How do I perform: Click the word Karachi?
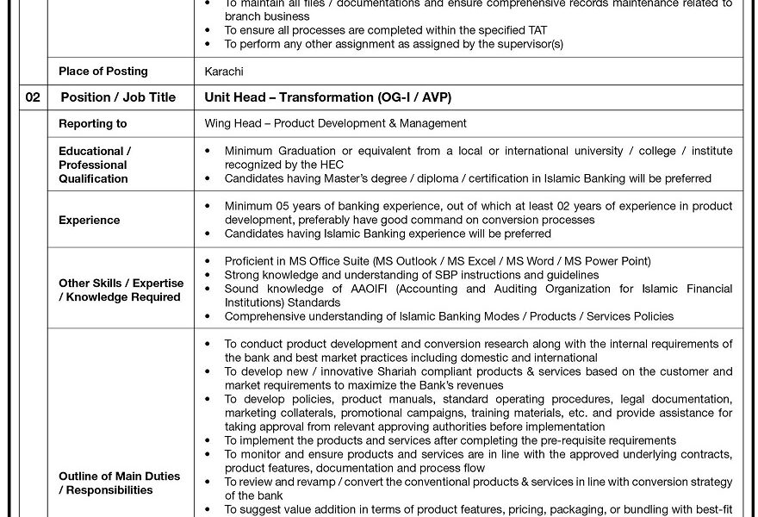[x=224, y=72]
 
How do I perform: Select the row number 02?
[x=33, y=97]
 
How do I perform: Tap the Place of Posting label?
[x=103, y=72]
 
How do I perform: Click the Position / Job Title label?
[x=118, y=97]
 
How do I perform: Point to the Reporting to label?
[x=92, y=124]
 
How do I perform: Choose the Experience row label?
[x=89, y=220]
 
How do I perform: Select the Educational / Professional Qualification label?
[x=94, y=165]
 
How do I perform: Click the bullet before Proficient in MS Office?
[x=207, y=261]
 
